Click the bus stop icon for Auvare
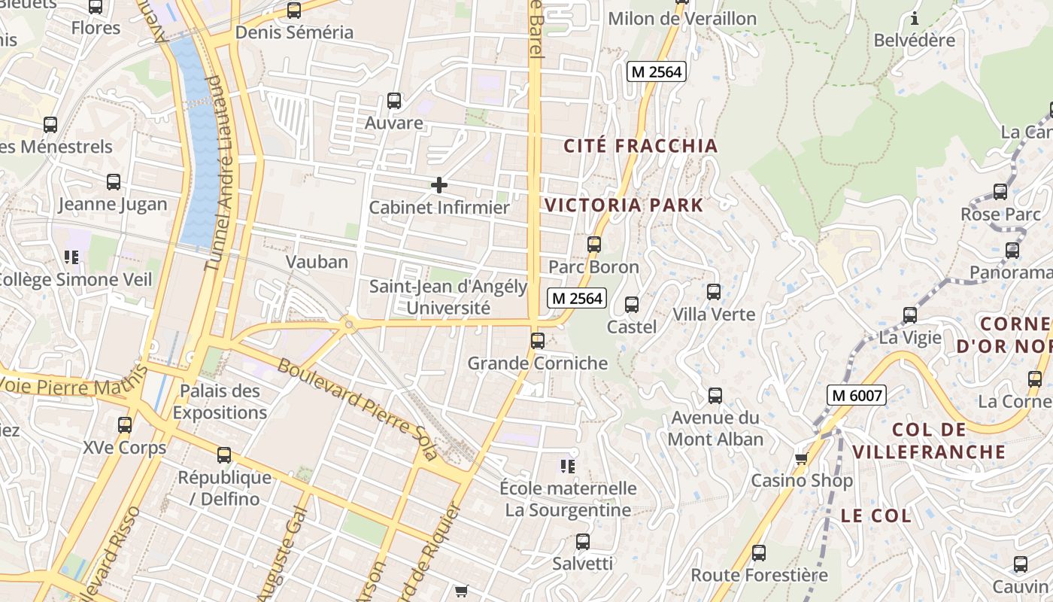pos(393,101)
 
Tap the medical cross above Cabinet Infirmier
pos(439,184)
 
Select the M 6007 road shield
pos(857,394)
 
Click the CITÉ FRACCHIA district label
pos(641,146)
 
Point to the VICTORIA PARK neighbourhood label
pos(624,205)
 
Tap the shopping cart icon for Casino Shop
pos(801,458)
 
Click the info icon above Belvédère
pos(915,18)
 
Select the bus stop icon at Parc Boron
pos(594,245)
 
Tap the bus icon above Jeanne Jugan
pos(114,182)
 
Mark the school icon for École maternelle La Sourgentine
pos(568,467)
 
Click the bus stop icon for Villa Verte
pos(714,292)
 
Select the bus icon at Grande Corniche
pos(538,341)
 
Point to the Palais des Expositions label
pos(220,402)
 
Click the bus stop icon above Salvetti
pos(583,542)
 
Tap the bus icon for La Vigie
pos(910,315)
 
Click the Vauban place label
pos(317,262)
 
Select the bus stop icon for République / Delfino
pos(224,455)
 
